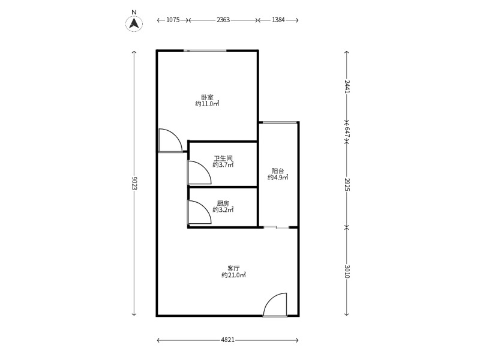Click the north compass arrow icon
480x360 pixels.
(x=134, y=23)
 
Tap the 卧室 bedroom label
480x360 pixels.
(x=207, y=97)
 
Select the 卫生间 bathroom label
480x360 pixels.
(x=223, y=158)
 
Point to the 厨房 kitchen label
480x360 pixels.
(x=223, y=203)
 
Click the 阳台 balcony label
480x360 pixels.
(x=278, y=171)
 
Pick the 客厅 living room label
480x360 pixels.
(x=233, y=268)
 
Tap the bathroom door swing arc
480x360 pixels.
(x=199, y=173)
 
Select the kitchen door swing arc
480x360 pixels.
(x=199, y=212)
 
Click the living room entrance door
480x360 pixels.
(x=275, y=305)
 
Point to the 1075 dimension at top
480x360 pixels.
(x=173, y=20)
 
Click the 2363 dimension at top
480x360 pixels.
(x=223, y=20)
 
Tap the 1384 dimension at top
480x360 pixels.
(x=278, y=20)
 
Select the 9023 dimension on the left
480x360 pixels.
(x=134, y=184)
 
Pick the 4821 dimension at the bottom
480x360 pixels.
(x=227, y=340)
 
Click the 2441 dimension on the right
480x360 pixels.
(x=347, y=86)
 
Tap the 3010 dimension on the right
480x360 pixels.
(x=347, y=271)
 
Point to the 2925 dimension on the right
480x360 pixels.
(x=347, y=184)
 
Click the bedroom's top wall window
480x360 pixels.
(x=205, y=51)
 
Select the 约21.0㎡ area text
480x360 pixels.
(x=233, y=275)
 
